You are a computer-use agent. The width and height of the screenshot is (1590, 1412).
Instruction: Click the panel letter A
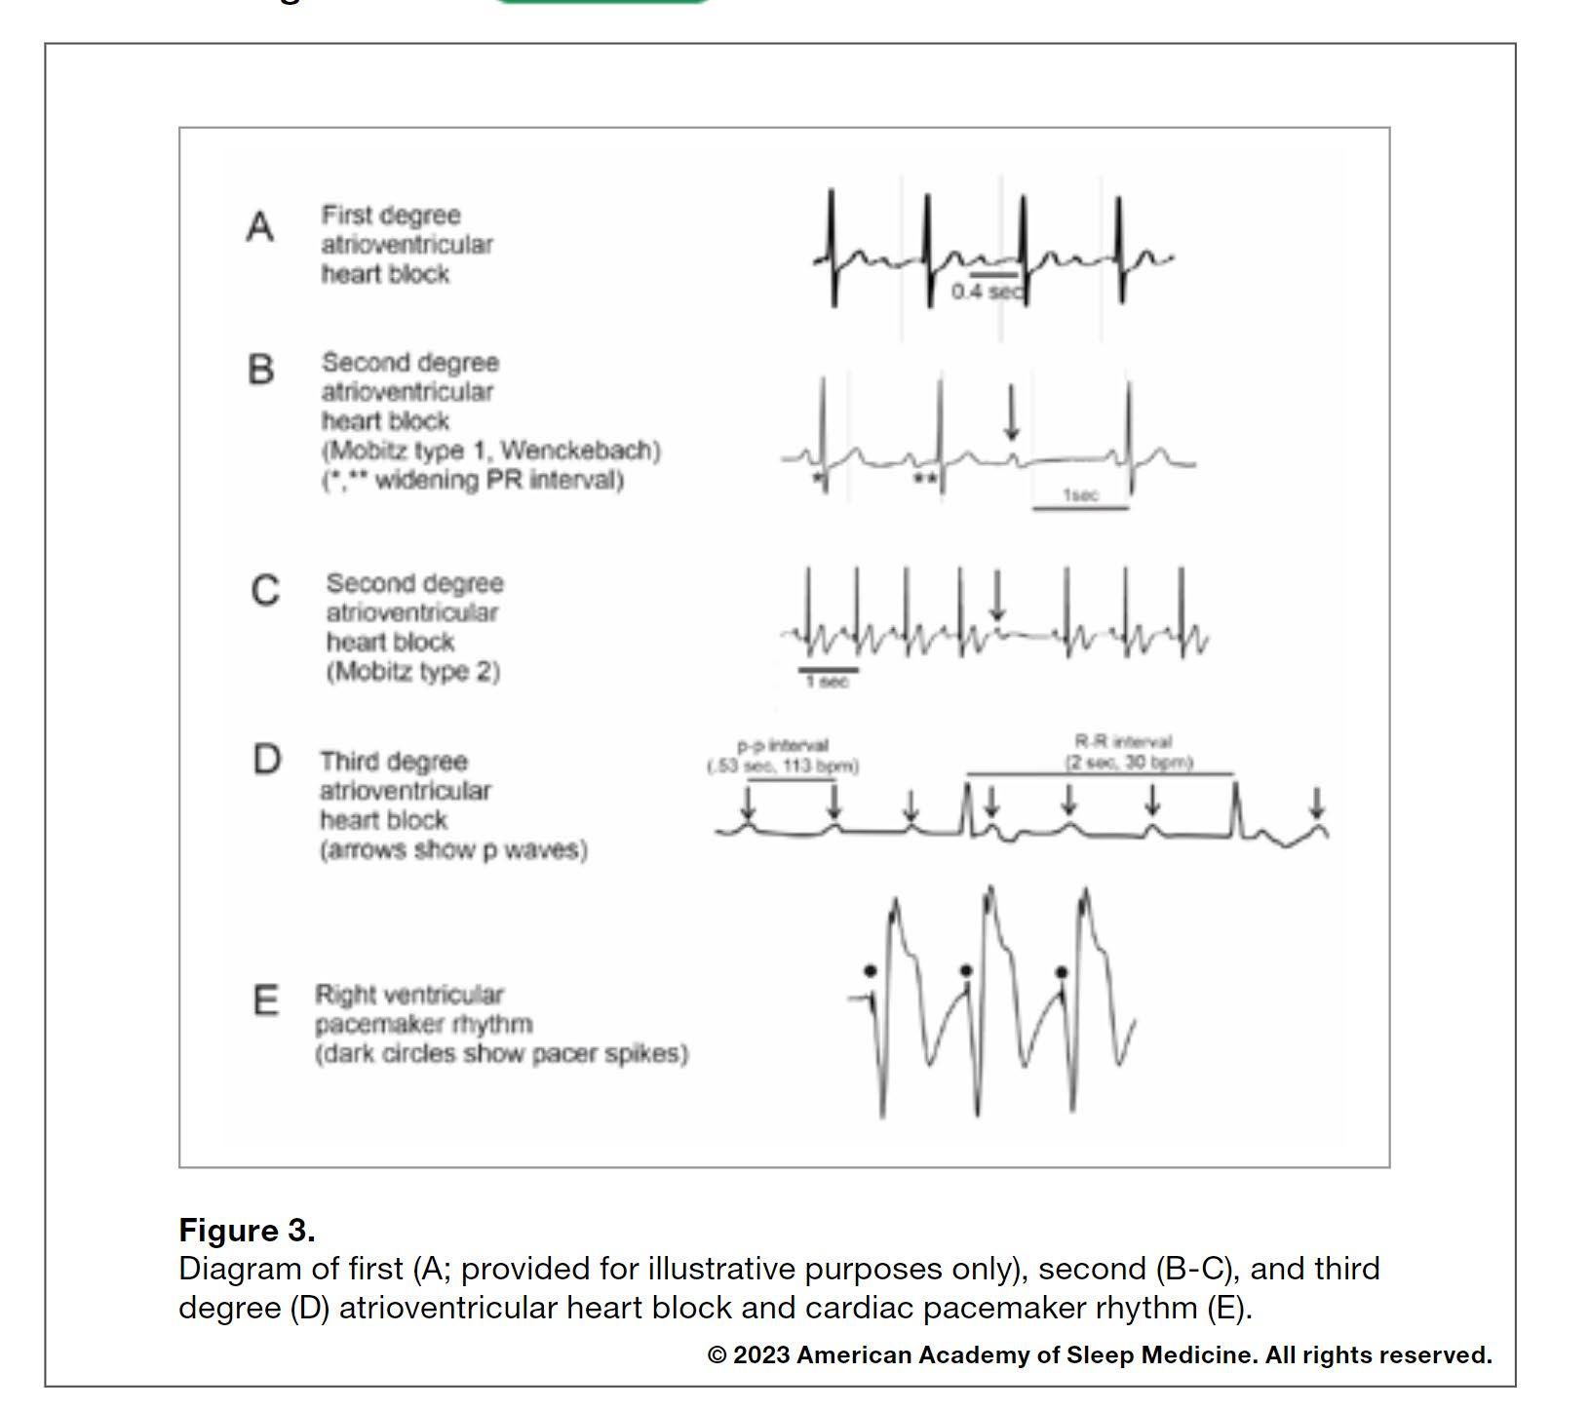[259, 227]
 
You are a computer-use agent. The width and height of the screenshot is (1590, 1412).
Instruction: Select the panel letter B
[260, 370]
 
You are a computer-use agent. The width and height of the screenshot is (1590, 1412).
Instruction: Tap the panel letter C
[265, 591]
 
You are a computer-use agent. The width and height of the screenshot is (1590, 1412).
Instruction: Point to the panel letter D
[267, 759]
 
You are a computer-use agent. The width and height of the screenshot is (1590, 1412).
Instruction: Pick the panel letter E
[265, 1000]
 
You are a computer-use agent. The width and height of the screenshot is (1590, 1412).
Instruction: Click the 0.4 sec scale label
[988, 292]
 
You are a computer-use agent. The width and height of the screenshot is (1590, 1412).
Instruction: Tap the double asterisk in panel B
[925, 479]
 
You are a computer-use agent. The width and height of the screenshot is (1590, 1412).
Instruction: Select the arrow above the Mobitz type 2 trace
[996, 595]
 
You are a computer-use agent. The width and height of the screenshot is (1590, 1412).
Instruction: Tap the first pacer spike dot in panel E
[870, 970]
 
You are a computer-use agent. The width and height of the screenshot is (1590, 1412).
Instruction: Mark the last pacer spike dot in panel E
[1062, 972]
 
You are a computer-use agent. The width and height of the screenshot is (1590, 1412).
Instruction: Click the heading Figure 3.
[247, 1231]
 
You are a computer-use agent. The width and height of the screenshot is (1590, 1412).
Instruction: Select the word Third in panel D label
[346, 762]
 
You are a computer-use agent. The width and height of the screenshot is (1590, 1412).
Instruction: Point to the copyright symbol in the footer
[717, 1355]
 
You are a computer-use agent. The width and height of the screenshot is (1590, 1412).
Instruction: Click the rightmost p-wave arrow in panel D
[1317, 804]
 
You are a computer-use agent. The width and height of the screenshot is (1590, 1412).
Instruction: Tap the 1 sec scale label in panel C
[827, 682]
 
